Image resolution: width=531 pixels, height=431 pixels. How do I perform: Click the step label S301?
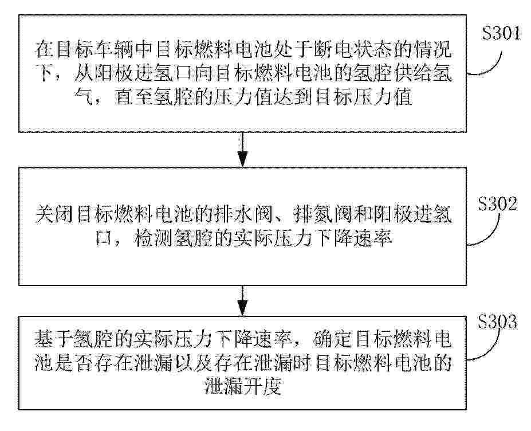[501, 34]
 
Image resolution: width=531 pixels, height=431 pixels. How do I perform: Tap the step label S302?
[497, 203]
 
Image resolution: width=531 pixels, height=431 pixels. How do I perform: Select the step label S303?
[497, 321]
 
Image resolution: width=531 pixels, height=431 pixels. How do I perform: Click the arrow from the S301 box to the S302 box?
[242, 150]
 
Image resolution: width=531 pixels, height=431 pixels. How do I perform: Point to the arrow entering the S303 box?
[242, 300]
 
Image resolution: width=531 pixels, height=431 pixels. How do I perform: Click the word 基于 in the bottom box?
[53, 339]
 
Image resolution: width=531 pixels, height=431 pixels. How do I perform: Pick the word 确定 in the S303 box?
[333, 339]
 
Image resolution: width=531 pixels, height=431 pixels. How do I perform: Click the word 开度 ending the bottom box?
[263, 387]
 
